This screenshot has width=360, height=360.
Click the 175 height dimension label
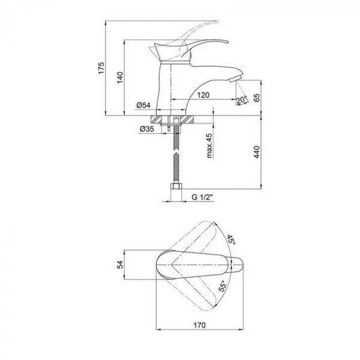(101, 68)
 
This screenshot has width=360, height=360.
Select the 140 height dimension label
(120, 77)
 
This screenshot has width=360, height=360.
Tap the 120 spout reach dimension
(203, 95)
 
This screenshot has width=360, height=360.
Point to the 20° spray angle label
(242, 100)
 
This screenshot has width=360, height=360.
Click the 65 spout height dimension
(257, 98)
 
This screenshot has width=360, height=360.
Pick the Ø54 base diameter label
(143, 105)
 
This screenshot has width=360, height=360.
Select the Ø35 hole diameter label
(147, 129)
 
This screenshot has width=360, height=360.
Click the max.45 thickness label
(209, 146)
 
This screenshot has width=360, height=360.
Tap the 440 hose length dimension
(257, 152)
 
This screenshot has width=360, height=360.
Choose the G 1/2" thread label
(203, 197)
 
